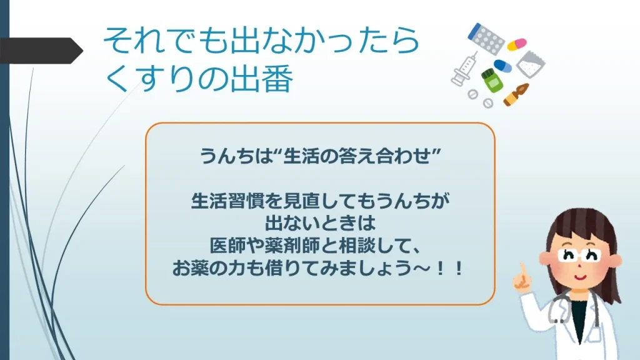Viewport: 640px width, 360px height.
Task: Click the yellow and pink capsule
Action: (516, 44)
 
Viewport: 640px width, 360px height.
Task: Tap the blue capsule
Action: (502, 66)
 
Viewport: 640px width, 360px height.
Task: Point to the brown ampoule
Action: (517, 94)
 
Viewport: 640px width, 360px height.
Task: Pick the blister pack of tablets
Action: (486, 39)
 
